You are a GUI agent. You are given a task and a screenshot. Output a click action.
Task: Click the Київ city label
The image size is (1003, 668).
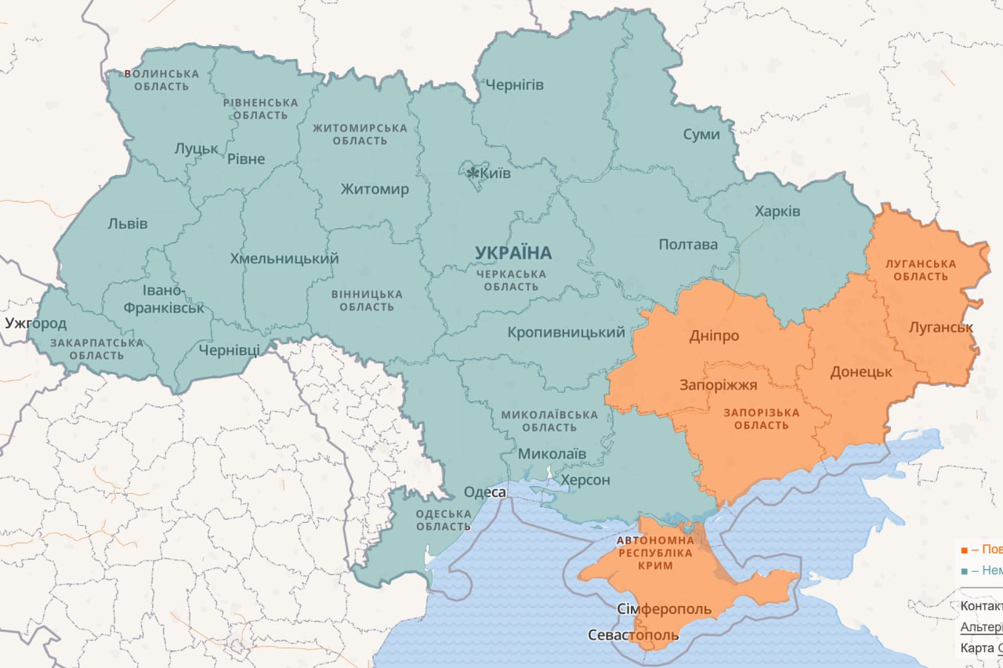click(x=496, y=173)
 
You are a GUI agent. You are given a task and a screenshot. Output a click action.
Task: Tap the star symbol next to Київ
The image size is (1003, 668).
click(x=473, y=172)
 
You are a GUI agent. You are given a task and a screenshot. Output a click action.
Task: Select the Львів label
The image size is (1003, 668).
click(x=127, y=224)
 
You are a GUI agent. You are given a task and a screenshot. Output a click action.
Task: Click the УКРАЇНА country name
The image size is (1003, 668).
click(x=513, y=253)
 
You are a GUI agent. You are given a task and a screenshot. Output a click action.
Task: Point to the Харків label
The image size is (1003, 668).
click(x=777, y=212)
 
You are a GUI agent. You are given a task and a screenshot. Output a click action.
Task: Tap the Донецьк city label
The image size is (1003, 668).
click(x=860, y=372)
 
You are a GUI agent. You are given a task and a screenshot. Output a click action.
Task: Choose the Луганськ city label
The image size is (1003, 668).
click(x=940, y=327)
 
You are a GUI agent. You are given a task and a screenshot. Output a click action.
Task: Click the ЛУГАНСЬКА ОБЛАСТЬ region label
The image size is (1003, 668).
click(x=921, y=270)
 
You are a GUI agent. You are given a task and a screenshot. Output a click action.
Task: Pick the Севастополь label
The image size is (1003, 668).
click(x=633, y=634)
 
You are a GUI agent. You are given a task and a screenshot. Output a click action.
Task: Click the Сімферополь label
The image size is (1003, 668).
click(x=664, y=609)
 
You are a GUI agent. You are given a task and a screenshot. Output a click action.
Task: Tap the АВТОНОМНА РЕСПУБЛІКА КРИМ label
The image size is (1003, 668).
click(x=655, y=553)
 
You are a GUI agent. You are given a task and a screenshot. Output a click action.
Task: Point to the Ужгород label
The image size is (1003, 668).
click(x=35, y=323)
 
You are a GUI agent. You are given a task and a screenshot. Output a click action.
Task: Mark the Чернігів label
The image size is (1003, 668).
click(x=514, y=85)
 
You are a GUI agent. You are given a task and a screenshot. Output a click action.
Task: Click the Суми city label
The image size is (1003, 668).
click(x=701, y=134)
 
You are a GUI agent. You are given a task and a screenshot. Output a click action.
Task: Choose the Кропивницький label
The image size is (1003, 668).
click(x=566, y=332)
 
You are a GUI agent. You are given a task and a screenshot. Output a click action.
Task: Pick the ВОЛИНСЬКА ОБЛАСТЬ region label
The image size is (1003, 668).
click(x=161, y=79)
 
